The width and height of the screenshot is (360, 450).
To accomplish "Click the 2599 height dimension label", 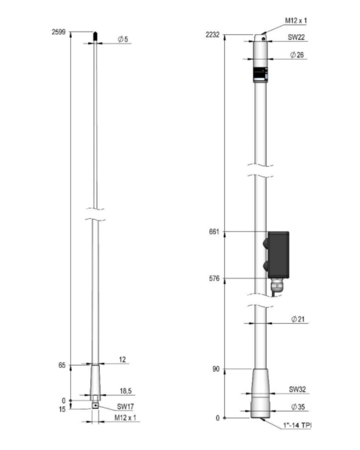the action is point(59,32).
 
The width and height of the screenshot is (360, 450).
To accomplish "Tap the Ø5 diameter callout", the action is point(123,39).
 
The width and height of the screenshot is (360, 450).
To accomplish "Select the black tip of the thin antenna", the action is point(95,36).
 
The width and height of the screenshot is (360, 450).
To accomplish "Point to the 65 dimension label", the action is point(62,365).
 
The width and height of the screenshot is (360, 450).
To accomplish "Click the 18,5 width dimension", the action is point(126,391).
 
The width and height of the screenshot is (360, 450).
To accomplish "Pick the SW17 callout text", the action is point(125,406).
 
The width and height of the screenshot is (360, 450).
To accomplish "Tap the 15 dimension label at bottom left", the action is point(62,409).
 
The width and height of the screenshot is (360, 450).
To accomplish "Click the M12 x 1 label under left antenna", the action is point(125,417).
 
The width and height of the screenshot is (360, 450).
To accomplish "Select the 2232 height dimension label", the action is point(212,35).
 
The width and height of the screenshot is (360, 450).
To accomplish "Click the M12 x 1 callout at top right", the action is point(296,20).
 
